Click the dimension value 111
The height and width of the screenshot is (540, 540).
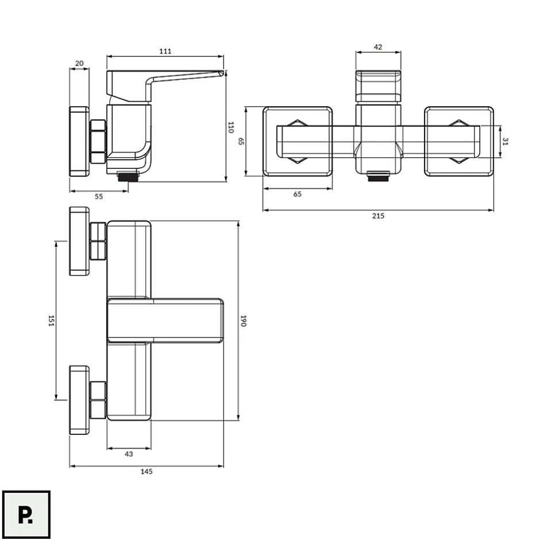click(x=165, y=51)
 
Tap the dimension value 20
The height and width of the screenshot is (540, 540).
click(x=79, y=63)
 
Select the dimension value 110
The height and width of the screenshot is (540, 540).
click(x=231, y=128)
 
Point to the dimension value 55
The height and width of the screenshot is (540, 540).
click(x=99, y=196)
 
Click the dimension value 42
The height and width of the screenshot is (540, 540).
click(x=378, y=47)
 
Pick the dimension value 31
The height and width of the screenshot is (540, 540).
click(x=505, y=141)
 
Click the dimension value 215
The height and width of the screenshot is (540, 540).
click(x=378, y=216)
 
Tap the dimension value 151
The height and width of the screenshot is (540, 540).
click(x=51, y=321)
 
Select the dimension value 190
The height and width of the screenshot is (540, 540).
click(x=243, y=321)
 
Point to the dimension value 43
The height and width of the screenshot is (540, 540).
click(x=129, y=454)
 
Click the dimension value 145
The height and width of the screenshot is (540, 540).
click(x=146, y=472)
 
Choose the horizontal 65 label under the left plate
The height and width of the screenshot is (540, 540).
click(x=297, y=194)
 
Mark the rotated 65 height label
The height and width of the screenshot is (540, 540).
click(x=241, y=141)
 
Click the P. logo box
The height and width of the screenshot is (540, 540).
click(x=26, y=515)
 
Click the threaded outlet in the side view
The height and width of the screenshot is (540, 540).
click(x=128, y=177)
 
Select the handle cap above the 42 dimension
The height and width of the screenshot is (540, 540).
click(x=378, y=86)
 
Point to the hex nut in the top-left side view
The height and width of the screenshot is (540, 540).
click(x=98, y=141)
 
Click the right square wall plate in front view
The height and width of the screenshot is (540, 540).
click(x=459, y=141)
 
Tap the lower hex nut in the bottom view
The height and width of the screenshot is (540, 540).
click(x=98, y=400)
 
